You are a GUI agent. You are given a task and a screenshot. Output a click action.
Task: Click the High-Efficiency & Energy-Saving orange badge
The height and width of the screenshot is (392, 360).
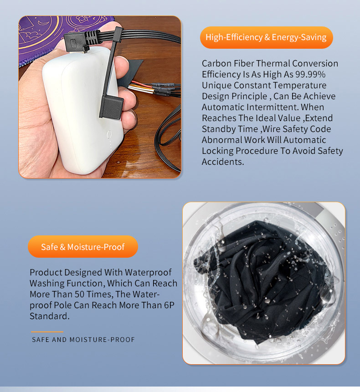267,37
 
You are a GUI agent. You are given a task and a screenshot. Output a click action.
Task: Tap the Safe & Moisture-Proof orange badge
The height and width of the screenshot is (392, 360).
83,247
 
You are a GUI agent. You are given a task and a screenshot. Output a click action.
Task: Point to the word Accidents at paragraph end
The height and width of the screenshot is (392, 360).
223,162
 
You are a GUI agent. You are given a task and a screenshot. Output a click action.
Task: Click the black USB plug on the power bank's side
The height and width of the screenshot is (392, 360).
111,107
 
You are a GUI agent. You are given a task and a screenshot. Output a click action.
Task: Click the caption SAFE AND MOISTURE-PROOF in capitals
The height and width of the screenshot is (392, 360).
83,340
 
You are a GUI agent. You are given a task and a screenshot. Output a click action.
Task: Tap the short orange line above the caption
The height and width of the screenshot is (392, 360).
47,332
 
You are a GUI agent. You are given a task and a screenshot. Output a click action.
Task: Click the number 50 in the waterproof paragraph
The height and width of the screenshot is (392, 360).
80,294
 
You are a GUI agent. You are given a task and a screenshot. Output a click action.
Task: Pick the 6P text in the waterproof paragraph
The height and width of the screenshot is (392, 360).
169,305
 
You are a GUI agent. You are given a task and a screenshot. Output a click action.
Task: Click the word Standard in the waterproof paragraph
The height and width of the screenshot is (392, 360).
49,316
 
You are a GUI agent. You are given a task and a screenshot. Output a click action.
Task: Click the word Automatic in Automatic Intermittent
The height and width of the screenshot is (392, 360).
223,107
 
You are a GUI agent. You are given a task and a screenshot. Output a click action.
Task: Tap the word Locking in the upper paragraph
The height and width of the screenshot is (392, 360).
217,151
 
